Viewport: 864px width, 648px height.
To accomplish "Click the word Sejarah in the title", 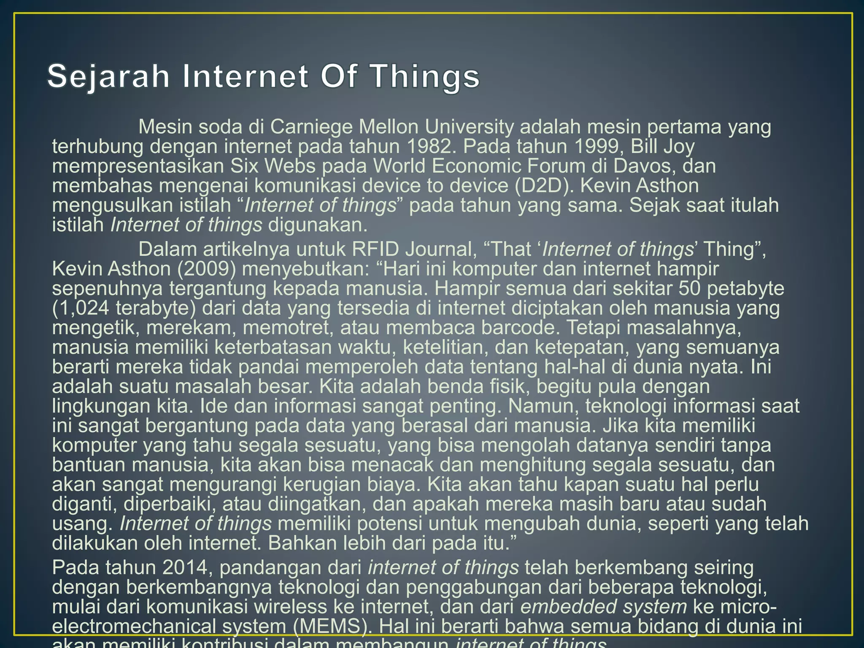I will coord(108,77).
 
